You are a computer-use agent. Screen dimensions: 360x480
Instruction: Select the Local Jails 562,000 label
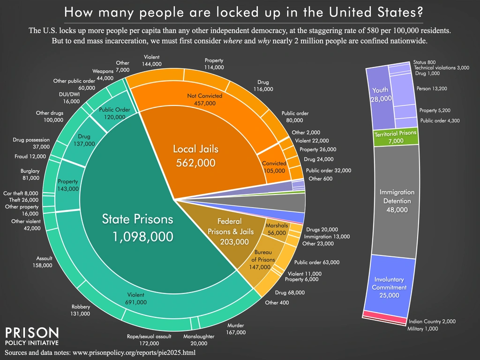pyautogui.click(x=196, y=156)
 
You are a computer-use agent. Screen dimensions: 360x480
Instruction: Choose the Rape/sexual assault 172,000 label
pyautogui.click(x=149, y=340)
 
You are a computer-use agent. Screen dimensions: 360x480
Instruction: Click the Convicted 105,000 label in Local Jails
pyautogui.click(x=274, y=167)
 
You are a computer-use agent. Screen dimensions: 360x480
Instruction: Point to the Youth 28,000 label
pyautogui.click(x=380, y=94)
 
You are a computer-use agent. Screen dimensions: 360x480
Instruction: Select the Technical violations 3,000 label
pyautogui.click(x=442, y=68)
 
